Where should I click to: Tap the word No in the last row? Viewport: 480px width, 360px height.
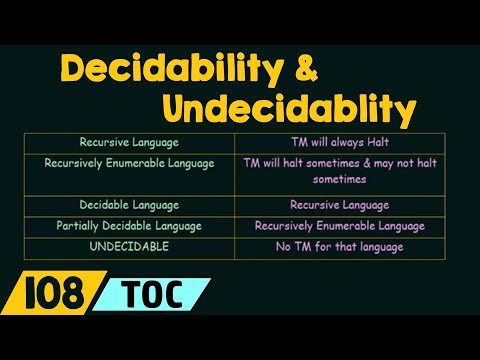click(x=282, y=246)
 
